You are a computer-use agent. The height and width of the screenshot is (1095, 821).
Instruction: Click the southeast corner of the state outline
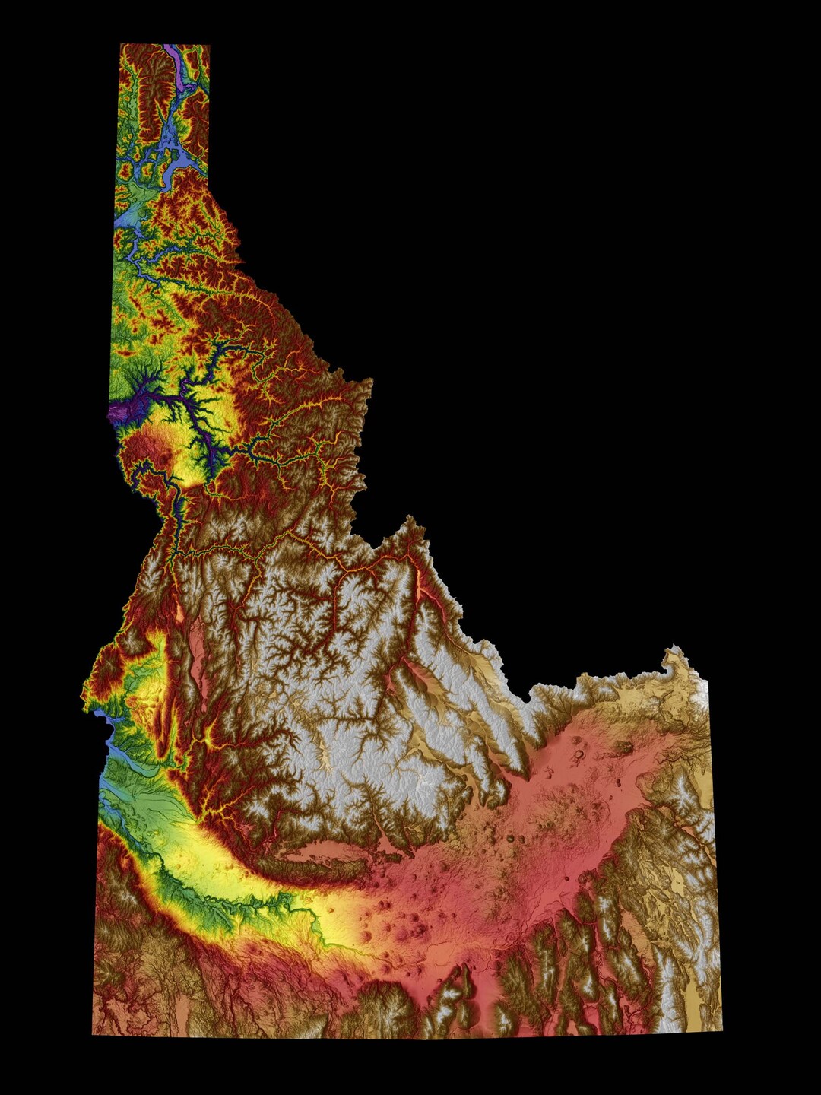pos(721,1030)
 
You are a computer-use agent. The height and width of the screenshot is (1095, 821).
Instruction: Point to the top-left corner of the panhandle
pos(122,46)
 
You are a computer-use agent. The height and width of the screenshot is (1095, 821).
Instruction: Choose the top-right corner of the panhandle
pos(209,46)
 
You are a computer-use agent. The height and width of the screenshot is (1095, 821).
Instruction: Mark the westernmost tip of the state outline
pos(83,693)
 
